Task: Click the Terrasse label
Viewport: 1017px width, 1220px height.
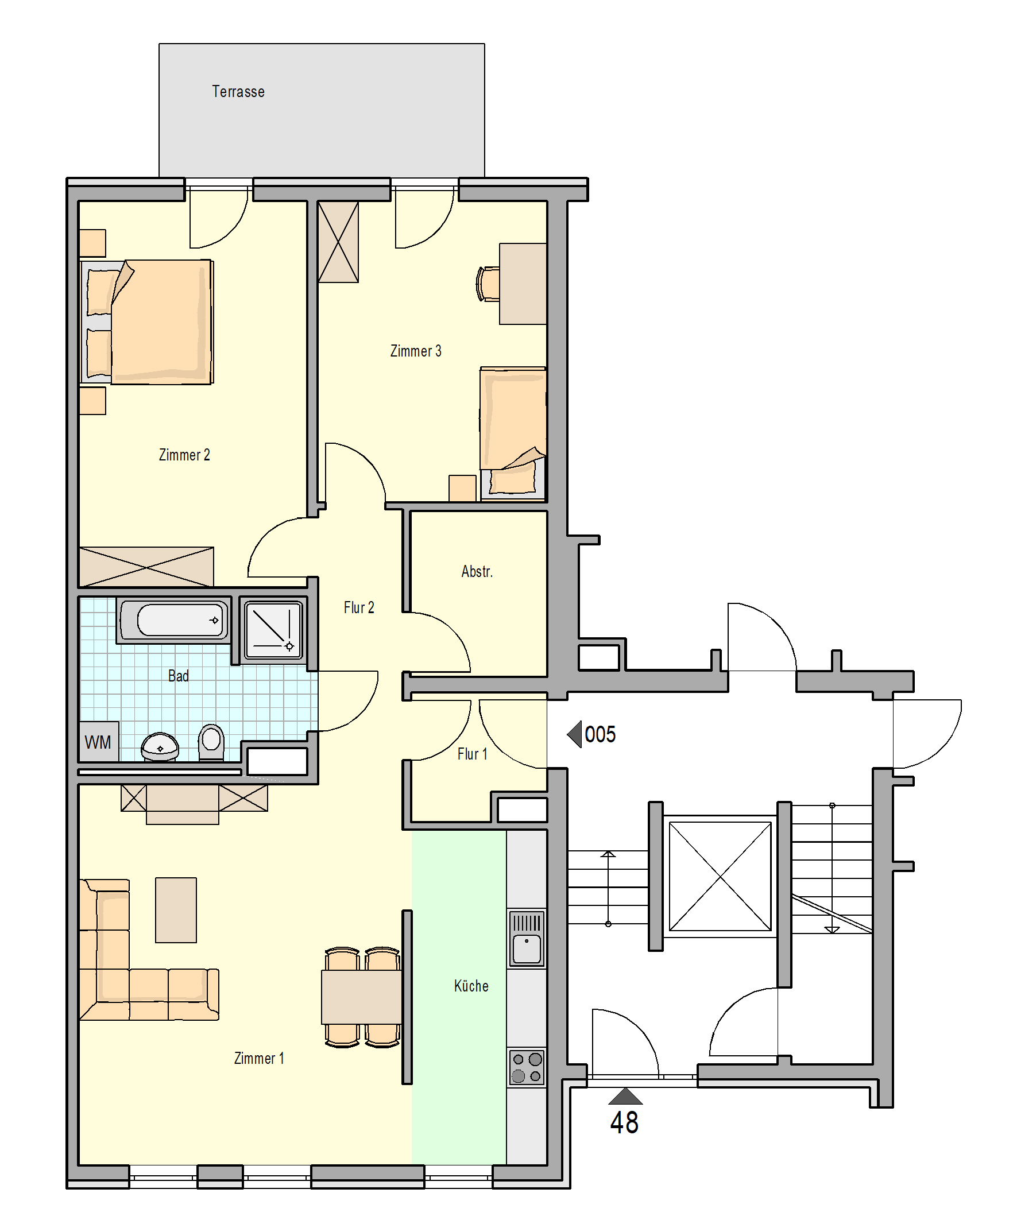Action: pyautogui.click(x=238, y=92)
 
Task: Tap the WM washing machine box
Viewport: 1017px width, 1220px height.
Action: pyautogui.click(x=99, y=741)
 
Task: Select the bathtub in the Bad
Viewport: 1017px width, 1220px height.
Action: pyautogui.click(x=173, y=621)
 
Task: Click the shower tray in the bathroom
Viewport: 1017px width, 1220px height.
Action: pyautogui.click(x=273, y=630)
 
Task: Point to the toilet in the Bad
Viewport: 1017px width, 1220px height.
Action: pyautogui.click(x=211, y=742)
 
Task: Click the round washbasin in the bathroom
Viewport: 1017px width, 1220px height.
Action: pyautogui.click(x=160, y=746)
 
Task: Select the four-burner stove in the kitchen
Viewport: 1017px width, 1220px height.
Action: pyautogui.click(x=527, y=1067)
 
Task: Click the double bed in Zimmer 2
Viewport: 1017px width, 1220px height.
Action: pyautogui.click(x=146, y=322)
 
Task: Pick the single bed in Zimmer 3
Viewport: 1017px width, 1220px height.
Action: pyautogui.click(x=513, y=433)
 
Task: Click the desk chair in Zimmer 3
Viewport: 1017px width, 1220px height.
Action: pyautogui.click(x=488, y=284)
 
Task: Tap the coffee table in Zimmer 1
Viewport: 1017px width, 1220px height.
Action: pyautogui.click(x=176, y=910)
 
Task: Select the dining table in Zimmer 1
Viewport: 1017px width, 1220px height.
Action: pyautogui.click(x=361, y=997)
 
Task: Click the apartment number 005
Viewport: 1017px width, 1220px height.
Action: pyautogui.click(x=600, y=734)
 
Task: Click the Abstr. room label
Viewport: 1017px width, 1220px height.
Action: pyautogui.click(x=477, y=572)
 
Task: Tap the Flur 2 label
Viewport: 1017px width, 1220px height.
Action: pyautogui.click(x=358, y=607)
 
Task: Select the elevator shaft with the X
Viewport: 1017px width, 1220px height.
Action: pyautogui.click(x=720, y=876)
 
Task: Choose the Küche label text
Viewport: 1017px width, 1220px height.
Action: pyautogui.click(x=471, y=985)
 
